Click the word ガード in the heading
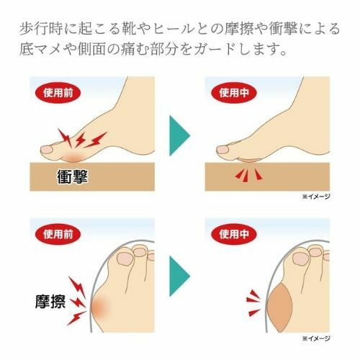tap(214, 52)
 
